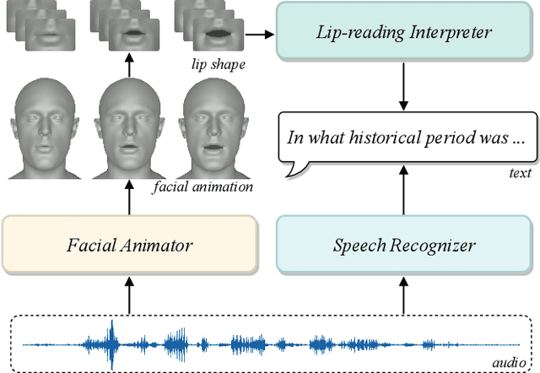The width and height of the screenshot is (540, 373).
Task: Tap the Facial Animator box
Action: click(129, 246)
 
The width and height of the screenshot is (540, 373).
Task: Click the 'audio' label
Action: click(508, 361)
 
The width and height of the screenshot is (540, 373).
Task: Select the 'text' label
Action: click(520, 173)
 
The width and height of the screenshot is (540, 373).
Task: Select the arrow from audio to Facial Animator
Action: click(129, 295)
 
